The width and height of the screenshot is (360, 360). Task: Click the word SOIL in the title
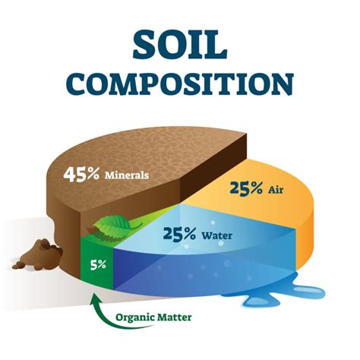(180, 45)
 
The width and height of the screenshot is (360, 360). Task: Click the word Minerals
(126, 174)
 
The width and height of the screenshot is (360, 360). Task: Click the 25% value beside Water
(180, 233)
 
